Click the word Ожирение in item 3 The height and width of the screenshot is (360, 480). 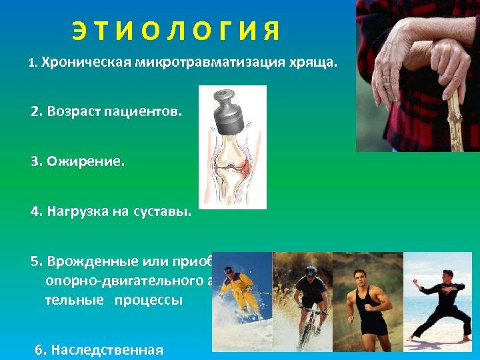point(85,162)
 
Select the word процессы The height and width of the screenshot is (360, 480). point(147,299)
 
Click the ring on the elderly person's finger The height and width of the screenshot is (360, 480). point(386,79)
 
